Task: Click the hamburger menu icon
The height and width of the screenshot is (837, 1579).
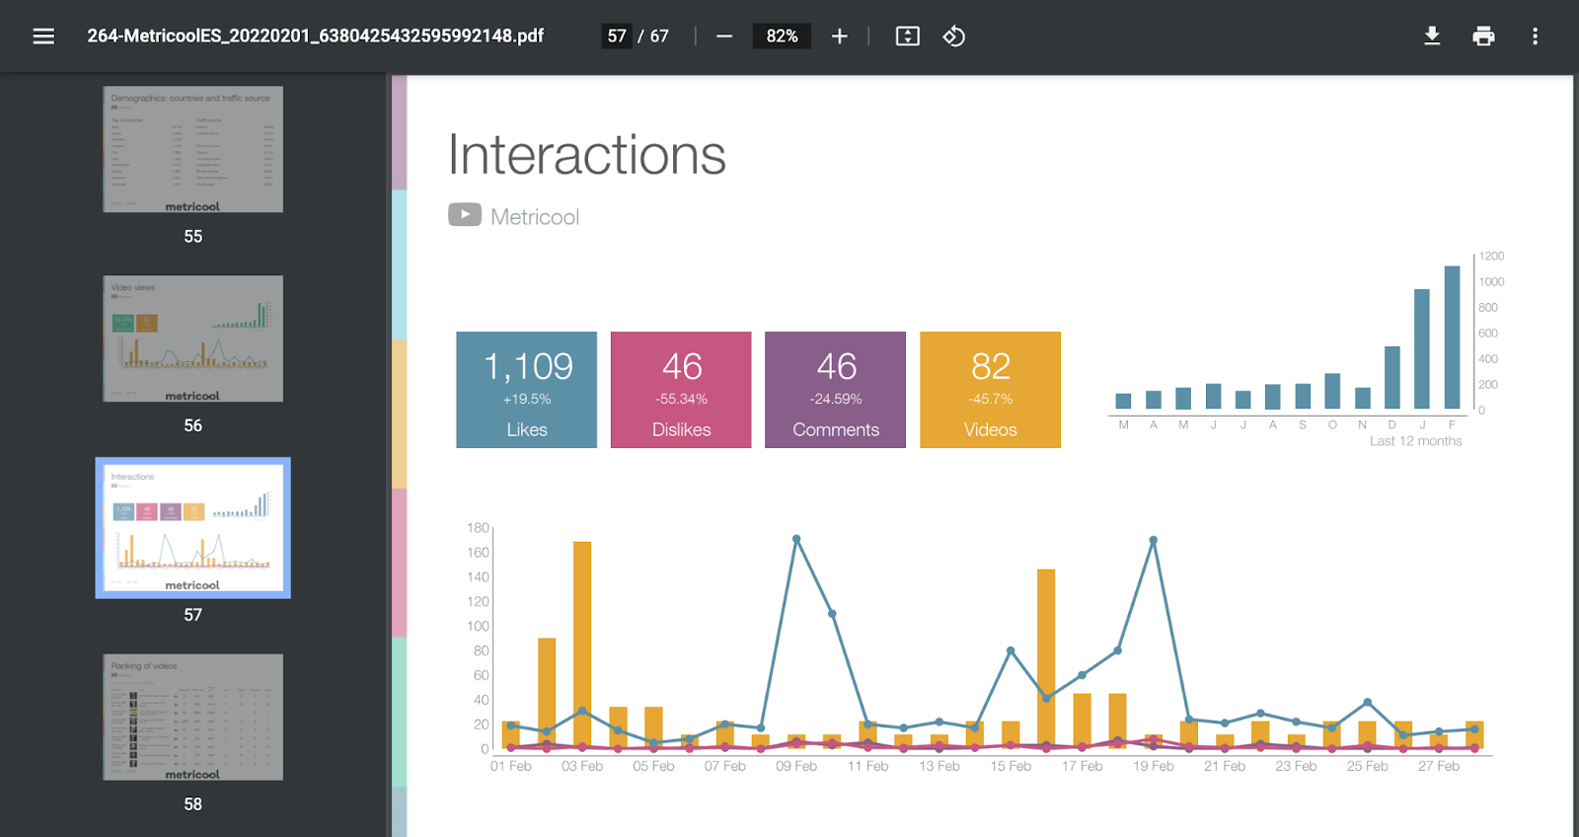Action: click(x=43, y=37)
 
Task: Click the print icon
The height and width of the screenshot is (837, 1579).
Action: click(x=1483, y=37)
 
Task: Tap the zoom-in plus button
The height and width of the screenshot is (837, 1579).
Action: click(x=840, y=37)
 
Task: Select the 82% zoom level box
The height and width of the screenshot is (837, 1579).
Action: click(x=782, y=37)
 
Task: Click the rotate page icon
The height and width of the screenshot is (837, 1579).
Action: click(x=953, y=37)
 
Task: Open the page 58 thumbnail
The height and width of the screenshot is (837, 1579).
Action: click(x=192, y=718)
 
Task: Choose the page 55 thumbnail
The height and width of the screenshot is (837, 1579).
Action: click(x=192, y=149)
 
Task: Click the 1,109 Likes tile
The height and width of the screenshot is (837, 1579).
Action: click(x=526, y=390)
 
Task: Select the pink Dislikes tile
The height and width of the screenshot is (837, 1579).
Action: click(x=681, y=390)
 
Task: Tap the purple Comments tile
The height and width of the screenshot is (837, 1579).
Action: click(x=835, y=390)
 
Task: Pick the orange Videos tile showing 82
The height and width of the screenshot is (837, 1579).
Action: click(x=990, y=390)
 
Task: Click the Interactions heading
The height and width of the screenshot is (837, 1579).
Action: click(x=587, y=156)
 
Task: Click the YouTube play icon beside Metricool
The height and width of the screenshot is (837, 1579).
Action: click(x=465, y=214)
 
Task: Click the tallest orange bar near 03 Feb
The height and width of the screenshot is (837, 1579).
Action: click(x=582, y=642)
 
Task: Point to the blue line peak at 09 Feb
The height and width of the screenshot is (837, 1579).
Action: click(x=796, y=539)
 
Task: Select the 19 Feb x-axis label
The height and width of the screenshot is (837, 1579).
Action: click(x=1153, y=766)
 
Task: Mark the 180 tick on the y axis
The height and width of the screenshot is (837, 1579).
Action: click(x=478, y=528)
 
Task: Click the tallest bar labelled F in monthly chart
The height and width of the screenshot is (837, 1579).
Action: click(x=1452, y=336)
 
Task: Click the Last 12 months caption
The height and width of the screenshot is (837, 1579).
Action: click(x=1415, y=441)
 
